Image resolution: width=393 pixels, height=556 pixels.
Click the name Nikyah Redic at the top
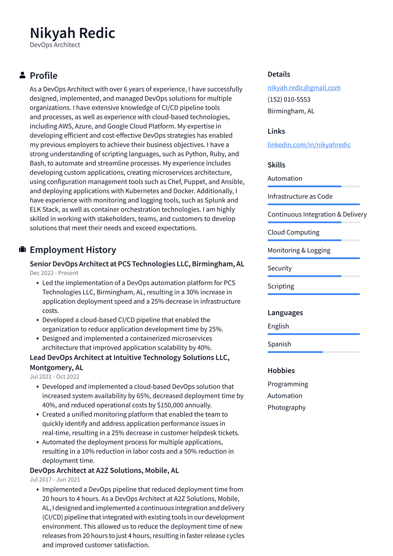click(73, 33)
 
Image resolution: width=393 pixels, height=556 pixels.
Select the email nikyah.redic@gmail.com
click(304, 88)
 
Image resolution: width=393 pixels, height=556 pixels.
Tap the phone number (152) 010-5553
click(289, 99)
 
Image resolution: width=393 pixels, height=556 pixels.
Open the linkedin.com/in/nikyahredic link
click(309, 144)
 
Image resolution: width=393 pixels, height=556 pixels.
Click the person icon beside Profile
click(22, 75)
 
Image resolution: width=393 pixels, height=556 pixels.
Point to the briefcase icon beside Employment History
click(22, 250)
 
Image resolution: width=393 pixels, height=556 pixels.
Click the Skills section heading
click(276, 165)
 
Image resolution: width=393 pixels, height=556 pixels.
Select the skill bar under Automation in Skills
click(313, 186)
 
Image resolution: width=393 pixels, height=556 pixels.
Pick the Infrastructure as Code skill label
click(300, 196)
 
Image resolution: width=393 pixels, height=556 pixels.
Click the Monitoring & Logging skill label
click(299, 250)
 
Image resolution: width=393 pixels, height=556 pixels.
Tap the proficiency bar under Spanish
click(313, 352)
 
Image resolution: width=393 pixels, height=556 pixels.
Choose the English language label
click(278, 326)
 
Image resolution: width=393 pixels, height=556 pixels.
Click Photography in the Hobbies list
click(286, 407)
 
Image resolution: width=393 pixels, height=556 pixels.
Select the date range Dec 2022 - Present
click(54, 273)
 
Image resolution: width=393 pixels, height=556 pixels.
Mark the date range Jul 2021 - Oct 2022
click(54, 377)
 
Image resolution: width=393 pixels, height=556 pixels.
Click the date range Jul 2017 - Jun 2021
click(55, 480)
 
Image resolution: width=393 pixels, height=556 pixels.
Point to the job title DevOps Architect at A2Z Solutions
click(104, 470)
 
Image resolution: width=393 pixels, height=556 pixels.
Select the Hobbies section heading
click(281, 370)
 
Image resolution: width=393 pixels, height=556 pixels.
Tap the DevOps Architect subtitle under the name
click(55, 45)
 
